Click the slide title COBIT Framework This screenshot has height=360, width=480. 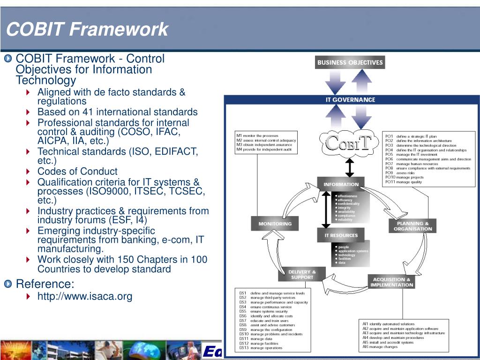click(x=87, y=30)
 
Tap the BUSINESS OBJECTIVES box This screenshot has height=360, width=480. click(x=350, y=62)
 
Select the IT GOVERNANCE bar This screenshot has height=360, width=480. click(x=350, y=99)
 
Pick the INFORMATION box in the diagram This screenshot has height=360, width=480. click(x=341, y=184)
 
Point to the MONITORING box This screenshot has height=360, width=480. click(x=275, y=224)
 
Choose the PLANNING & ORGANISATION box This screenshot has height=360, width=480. click(x=412, y=226)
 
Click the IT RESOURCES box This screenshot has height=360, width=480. click(x=341, y=235)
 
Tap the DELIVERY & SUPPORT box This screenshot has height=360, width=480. click(x=302, y=274)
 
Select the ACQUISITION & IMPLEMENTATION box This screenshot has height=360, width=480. click(x=391, y=282)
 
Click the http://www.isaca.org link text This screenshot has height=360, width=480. click(x=85, y=296)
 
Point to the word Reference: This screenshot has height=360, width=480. click(x=45, y=284)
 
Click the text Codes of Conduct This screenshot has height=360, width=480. click(x=77, y=171)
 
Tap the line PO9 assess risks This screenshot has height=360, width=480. click(x=400, y=173)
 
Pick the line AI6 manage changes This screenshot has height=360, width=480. click(x=380, y=347)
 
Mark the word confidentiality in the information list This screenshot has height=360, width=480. click(x=349, y=204)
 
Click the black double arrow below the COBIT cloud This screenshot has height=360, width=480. click(x=349, y=167)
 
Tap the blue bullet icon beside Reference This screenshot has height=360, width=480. click(x=9, y=284)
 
